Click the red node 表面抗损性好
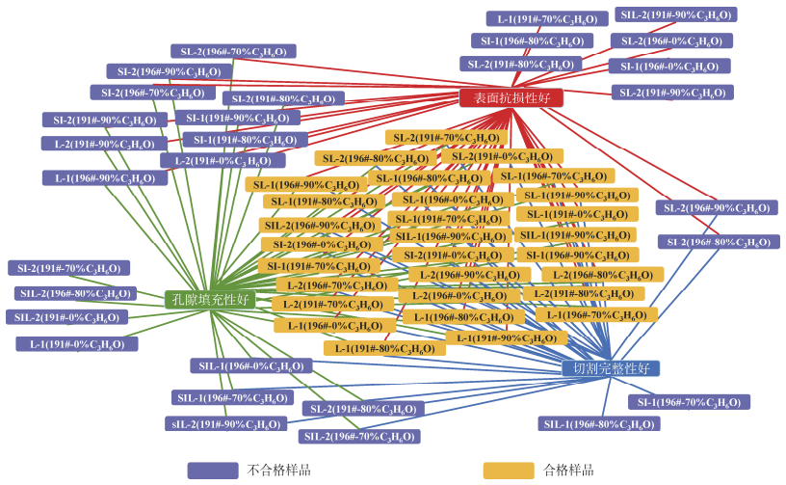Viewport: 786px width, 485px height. coord(511,97)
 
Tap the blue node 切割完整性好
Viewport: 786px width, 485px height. coord(611,368)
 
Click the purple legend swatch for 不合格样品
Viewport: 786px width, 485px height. coord(212,471)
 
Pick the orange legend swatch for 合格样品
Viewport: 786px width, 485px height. coord(508,471)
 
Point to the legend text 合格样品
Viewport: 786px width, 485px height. coord(568,471)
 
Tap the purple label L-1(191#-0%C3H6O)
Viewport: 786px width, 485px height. coord(76,343)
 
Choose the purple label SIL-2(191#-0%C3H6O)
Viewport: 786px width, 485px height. coord(65,317)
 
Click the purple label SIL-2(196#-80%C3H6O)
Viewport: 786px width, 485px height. coord(74,293)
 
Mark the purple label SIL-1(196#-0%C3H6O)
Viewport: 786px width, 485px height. coord(249,366)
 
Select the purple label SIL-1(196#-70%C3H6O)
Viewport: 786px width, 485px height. coord(232,397)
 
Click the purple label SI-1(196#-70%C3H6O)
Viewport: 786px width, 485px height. coord(689,402)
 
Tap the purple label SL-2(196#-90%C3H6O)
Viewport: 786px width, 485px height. coord(717,207)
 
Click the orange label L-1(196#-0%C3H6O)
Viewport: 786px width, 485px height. coord(334,326)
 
